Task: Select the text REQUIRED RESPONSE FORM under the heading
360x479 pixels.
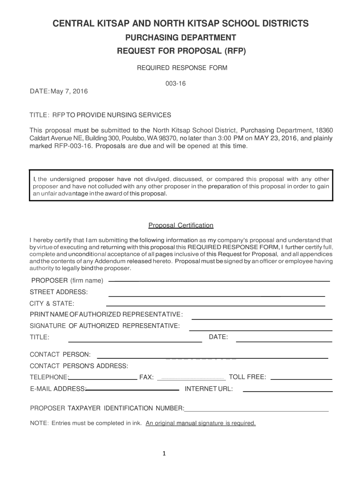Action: tap(181, 68)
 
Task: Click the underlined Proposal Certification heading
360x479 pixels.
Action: tap(181, 225)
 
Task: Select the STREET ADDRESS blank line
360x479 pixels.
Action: tap(216, 296)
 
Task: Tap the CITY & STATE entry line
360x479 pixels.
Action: tap(216, 305)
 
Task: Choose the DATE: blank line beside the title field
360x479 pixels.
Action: tap(284, 342)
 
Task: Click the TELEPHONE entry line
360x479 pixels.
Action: tap(103, 378)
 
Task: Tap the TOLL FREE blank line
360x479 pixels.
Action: tap(301, 378)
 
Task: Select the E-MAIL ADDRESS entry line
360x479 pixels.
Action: tap(133, 390)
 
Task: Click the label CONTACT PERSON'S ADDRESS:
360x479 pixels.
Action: tap(79, 365)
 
